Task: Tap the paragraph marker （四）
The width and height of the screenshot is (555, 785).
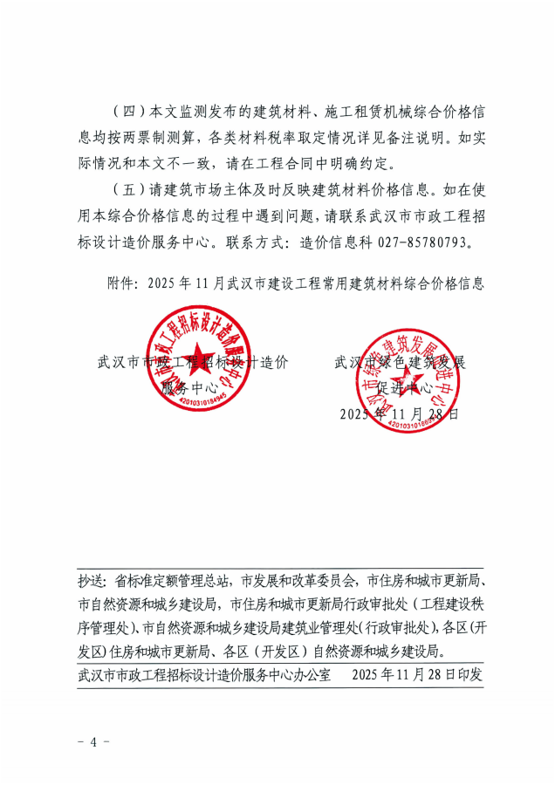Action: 129,113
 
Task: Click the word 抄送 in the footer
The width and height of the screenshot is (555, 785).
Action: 92,580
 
